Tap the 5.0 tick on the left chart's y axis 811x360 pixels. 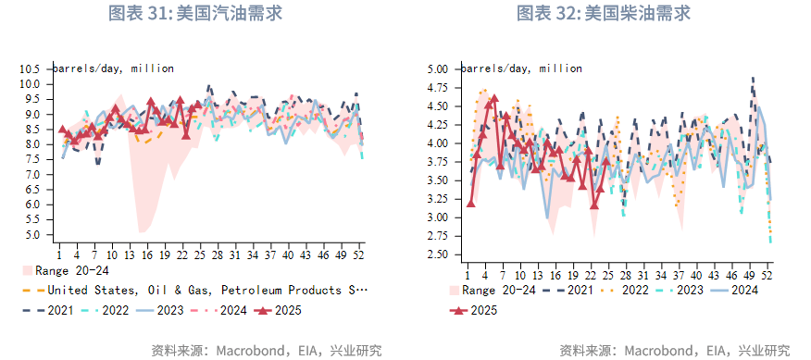[x=33, y=234]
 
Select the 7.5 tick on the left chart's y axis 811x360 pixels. [x=33, y=159]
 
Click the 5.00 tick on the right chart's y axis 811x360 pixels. [x=437, y=69]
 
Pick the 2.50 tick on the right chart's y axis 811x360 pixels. [x=437, y=254]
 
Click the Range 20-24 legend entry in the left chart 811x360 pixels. [x=65, y=271]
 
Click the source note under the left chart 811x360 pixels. [x=266, y=350]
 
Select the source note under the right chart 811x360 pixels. [x=674, y=350]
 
